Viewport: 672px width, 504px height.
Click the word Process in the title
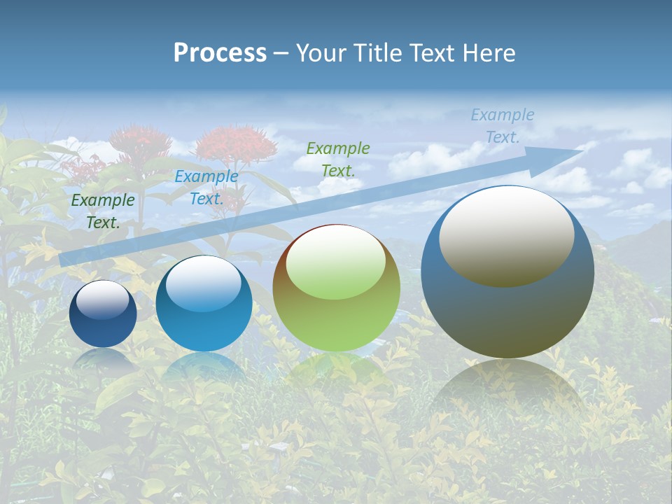coord(220,53)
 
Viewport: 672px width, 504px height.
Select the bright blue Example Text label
coord(206,188)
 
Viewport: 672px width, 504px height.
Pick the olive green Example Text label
coord(338,159)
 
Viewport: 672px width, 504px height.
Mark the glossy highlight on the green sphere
coord(335,261)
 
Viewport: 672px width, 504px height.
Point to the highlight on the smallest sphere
coord(102,300)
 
